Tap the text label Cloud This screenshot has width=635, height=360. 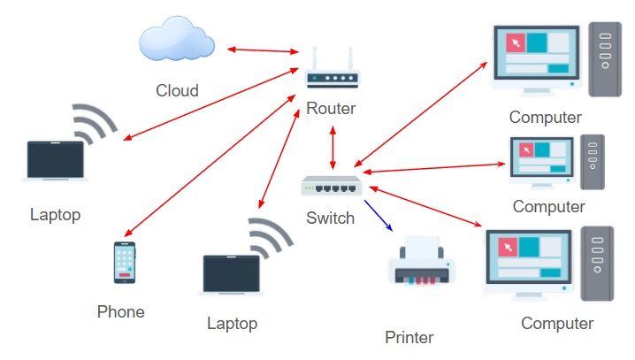click(177, 90)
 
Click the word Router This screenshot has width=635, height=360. click(331, 109)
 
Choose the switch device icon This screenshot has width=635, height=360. click(332, 185)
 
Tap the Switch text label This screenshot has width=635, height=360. click(330, 218)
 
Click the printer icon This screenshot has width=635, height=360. click(423, 263)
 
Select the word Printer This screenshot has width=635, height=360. click(409, 337)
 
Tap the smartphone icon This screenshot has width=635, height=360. click(126, 263)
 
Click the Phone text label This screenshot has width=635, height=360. click(120, 311)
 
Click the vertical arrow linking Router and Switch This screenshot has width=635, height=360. click(333, 147)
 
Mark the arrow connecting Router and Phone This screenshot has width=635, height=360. click(211, 167)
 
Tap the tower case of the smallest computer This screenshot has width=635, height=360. click(592, 162)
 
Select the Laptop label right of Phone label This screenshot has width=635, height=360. click(232, 323)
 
